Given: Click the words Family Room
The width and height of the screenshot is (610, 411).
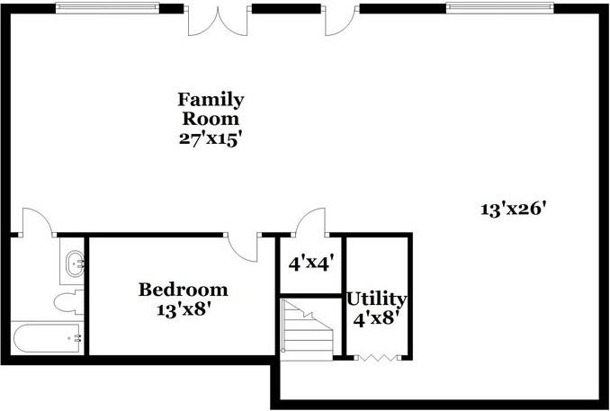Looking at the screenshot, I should (211, 108).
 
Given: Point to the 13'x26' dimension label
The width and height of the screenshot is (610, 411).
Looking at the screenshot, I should (514, 209).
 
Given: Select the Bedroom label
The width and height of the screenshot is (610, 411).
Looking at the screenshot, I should (183, 290).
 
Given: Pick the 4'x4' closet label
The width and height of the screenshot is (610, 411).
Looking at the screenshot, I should (311, 264).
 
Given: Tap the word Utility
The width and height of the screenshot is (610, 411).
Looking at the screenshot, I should (377, 299).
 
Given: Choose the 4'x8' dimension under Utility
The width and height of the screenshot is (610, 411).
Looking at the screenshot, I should (378, 317).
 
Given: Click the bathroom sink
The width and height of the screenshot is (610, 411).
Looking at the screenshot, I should (73, 264).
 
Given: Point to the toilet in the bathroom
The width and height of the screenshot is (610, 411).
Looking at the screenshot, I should (68, 302).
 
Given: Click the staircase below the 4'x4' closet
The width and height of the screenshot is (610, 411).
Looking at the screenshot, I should (307, 327).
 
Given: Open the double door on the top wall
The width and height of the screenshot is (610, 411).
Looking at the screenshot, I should (217, 20).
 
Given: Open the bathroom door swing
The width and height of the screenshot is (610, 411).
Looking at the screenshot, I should (36, 221).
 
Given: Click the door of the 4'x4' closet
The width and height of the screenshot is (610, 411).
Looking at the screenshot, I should (309, 221).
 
